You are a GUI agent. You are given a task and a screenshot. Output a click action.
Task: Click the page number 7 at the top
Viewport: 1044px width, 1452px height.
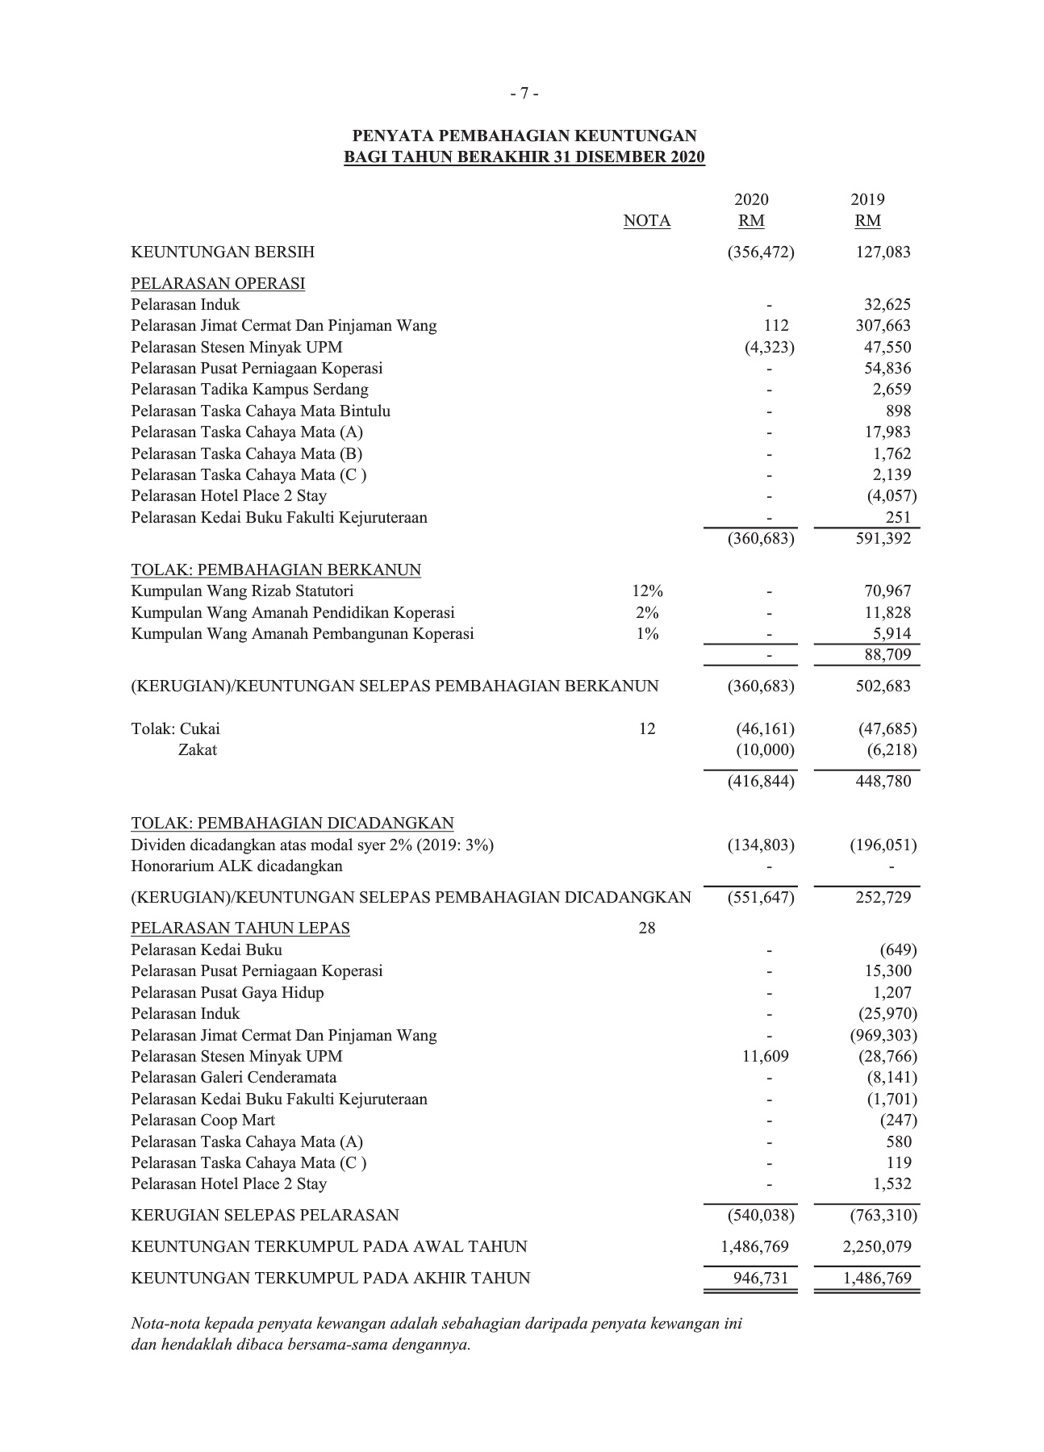click(524, 94)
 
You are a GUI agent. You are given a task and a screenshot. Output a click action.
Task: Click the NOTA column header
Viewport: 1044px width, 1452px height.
click(646, 221)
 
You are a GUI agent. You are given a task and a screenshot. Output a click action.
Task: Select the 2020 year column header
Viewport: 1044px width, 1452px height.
click(751, 199)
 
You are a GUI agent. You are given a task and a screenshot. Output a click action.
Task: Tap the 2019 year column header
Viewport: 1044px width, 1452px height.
click(867, 199)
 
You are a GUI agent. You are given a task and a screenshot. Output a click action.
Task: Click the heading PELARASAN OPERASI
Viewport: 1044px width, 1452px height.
click(218, 283)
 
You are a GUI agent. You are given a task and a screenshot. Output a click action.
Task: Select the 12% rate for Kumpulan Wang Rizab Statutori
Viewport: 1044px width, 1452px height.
click(647, 591)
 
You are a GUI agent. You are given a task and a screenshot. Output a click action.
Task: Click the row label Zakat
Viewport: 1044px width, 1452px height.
click(198, 750)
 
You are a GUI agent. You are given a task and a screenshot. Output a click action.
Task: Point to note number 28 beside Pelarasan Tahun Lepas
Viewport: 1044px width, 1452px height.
click(647, 928)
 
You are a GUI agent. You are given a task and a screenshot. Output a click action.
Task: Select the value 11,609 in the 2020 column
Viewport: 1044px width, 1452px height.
click(765, 1057)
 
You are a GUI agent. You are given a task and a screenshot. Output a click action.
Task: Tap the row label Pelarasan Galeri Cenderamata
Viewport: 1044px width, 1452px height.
click(234, 1078)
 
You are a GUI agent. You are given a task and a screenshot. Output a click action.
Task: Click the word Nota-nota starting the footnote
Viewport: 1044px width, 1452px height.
click(165, 1324)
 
